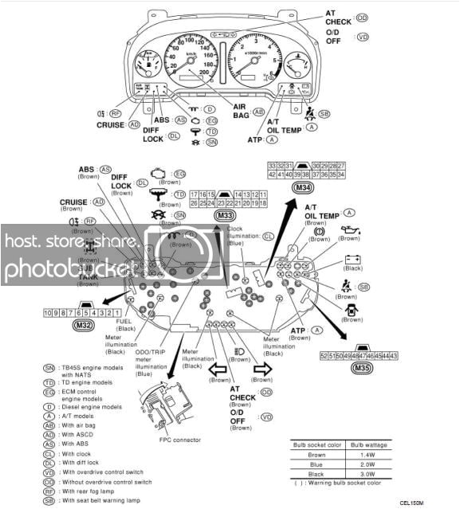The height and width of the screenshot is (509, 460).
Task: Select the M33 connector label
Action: tap(225, 216)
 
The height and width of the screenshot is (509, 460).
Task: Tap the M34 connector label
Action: tap(302, 187)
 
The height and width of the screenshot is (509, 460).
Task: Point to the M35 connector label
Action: tap(365, 368)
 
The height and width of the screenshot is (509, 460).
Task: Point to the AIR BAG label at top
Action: tap(239, 109)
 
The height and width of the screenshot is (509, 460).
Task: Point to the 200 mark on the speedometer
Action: tap(203, 72)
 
